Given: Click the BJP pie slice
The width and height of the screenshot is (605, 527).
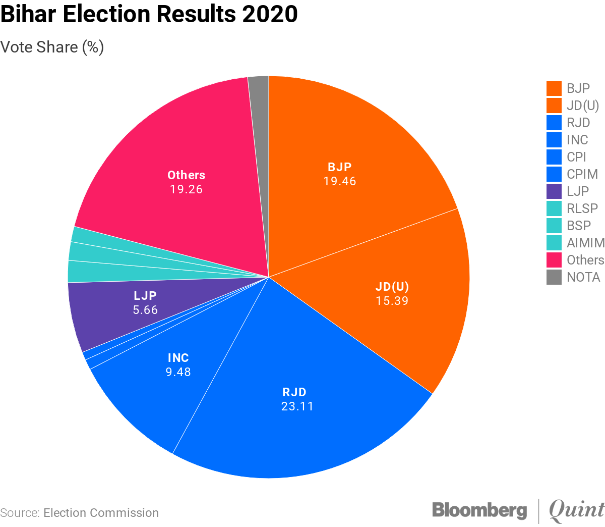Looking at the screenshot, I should (x=353, y=141).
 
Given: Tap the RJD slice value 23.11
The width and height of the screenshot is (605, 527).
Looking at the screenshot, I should (x=297, y=406).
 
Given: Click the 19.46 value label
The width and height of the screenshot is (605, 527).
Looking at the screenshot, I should (x=340, y=181).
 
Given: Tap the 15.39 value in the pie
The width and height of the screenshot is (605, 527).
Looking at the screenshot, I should (x=392, y=301).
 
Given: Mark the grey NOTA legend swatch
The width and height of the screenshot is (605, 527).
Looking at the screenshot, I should (x=554, y=277).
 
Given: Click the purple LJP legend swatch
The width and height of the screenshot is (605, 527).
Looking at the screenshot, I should (x=554, y=191).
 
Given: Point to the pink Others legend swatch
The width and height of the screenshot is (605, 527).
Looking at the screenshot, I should (x=554, y=260).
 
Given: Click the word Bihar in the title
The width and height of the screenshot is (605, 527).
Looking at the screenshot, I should (x=28, y=14).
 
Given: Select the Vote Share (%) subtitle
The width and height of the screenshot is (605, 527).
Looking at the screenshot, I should (x=52, y=47).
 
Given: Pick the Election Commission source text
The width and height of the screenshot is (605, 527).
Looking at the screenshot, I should (x=101, y=513).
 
